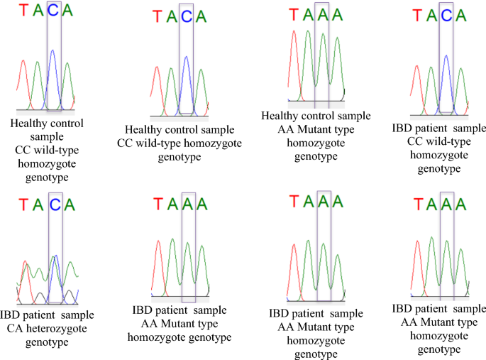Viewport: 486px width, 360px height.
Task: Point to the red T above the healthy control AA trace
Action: [x=292, y=15]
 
